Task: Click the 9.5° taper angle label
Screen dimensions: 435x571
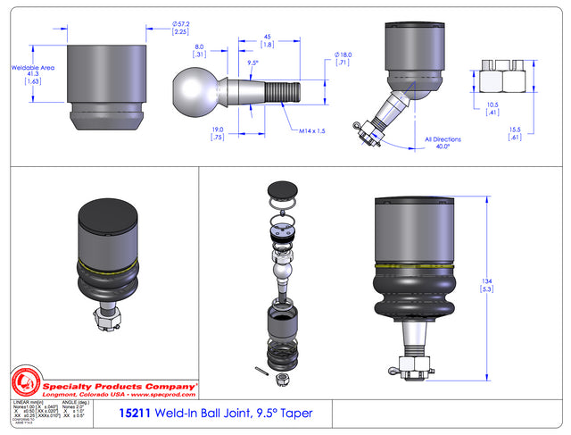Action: click(x=252, y=64)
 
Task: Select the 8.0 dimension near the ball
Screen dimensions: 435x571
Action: click(x=199, y=51)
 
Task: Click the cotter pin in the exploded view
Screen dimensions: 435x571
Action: click(x=259, y=372)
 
